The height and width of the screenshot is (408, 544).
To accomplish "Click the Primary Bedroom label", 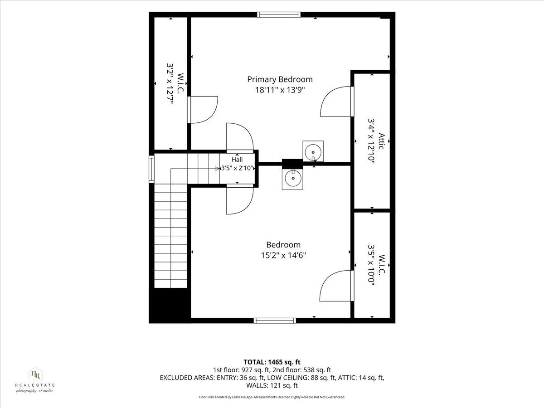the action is pos(280,79).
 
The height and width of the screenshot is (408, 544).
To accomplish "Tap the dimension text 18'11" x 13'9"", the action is pos(280,90).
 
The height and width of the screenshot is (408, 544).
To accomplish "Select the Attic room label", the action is pos(381,141).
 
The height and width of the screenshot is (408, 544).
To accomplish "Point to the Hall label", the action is pos(237,160).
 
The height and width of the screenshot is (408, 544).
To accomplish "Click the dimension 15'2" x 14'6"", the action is pos(283,255).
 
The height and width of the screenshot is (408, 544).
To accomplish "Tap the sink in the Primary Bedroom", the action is pos(313,151).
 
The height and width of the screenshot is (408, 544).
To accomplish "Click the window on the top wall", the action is pos(278,15).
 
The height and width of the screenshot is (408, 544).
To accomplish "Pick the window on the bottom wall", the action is pos(275,321).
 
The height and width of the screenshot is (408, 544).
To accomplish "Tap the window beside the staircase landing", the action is pos(151,169).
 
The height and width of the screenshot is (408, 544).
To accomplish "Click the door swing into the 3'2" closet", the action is pos(202,110).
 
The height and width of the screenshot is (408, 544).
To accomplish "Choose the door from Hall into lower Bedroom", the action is pos(240,199).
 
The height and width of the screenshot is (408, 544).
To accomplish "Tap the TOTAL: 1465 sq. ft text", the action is pos(272,362).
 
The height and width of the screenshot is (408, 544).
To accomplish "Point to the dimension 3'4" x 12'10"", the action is pos(371,141).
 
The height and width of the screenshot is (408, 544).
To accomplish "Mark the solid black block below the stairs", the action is pos(170,306).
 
